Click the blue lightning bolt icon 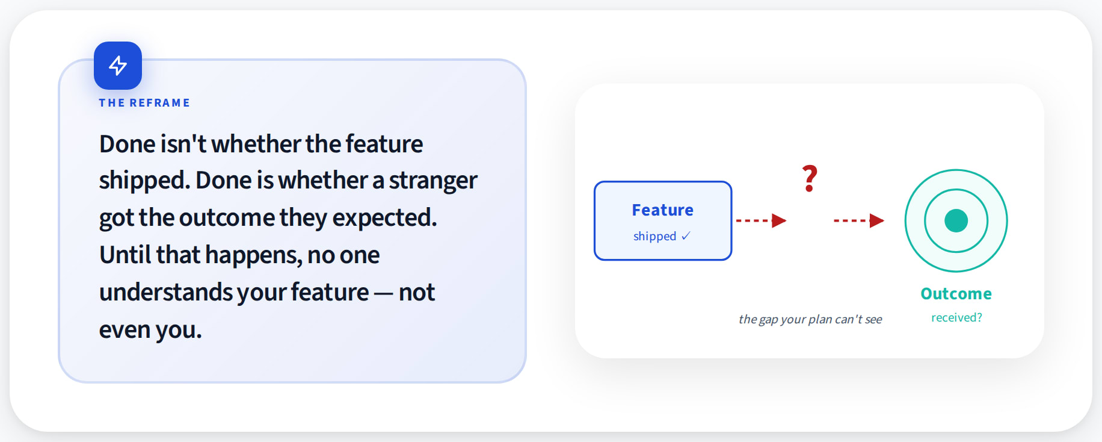click(x=118, y=65)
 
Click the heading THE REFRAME click(x=144, y=103)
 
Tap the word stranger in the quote click(x=433, y=181)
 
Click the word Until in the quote click(x=125, y=255)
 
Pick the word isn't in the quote click(x=183, y=144)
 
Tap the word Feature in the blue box click(x=662, y=210)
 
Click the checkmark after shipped click(x=686, y=236)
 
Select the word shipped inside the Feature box click(x=654, y=237)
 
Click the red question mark click(x=810, y=179)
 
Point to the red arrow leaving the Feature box click(x=762, y=221)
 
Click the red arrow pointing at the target click(x=859, y=221)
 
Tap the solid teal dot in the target click(x=956, y=220)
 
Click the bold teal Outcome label click(x=956, y=294)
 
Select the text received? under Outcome click(x=956, y=317)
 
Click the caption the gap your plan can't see click(x=810, y=319)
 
